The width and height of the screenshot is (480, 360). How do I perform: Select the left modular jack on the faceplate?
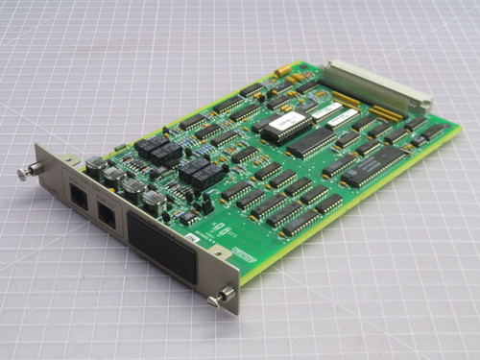pyautogui.click(x=77, y=196)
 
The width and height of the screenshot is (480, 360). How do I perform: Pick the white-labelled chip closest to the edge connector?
pyautogui.click(x=343, y=120)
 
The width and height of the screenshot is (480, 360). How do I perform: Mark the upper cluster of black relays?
pyautogui.click(x=156, y=149)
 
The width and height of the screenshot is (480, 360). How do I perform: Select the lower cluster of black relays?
pyautogui.click(x=199, y=172)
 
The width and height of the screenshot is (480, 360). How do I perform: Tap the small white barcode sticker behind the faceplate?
pyautogui.click(x=192, y=236)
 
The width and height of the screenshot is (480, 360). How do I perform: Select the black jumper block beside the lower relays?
pyautogui.click(x=204, y=203)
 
